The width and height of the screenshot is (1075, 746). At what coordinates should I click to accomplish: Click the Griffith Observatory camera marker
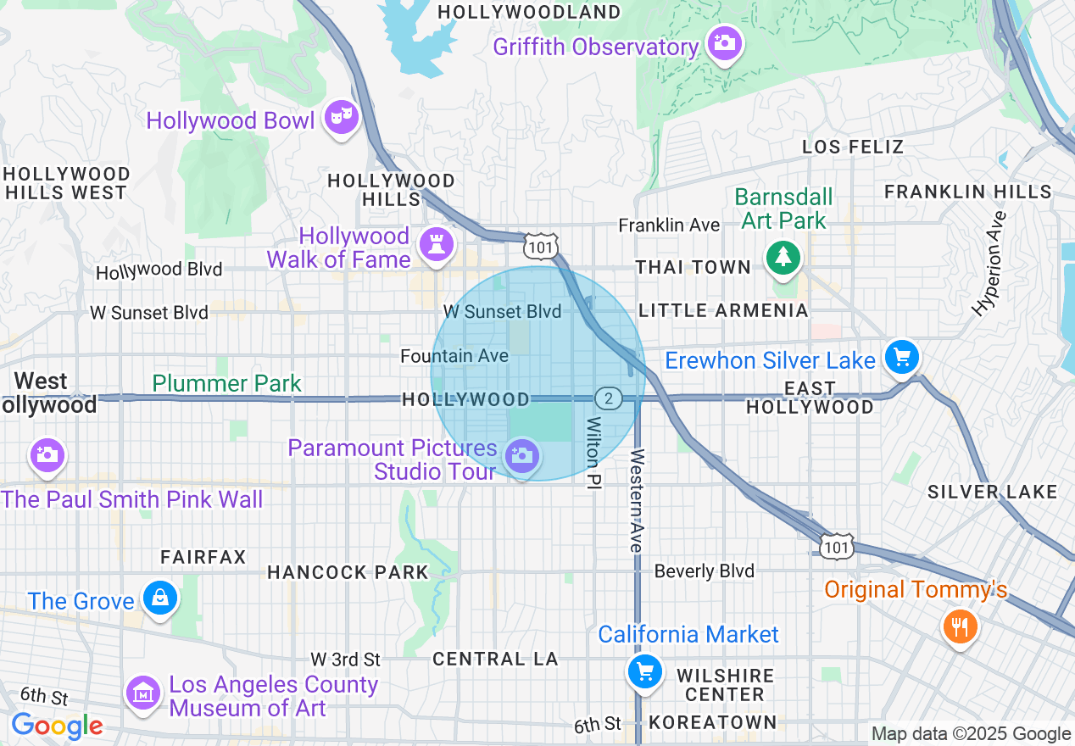coord(724,42)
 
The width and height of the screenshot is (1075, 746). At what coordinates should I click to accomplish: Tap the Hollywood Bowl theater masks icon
coord(343,116)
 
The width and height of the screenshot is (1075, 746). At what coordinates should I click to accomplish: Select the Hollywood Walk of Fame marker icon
coord(437,244)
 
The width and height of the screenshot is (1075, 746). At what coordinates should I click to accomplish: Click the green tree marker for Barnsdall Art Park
coord(783,256)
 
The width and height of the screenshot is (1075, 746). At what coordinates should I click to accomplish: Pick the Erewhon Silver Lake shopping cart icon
coord(901,356)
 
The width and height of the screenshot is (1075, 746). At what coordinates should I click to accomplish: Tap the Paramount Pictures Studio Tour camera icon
coord(521,456)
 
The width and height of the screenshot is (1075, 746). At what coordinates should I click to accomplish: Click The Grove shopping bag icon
coord(159,598)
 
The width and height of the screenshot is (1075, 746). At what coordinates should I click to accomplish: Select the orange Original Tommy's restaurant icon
coord(959,627)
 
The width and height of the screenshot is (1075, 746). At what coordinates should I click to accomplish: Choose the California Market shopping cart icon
coord(644,671)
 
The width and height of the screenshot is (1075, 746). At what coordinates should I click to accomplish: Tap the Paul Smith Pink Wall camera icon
coord(47,454)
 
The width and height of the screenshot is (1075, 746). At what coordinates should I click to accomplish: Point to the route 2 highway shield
coord(608,398)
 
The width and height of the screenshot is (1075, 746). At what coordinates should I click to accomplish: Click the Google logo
coord(57,726)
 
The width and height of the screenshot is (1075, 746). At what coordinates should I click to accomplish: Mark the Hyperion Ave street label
coord(989,264)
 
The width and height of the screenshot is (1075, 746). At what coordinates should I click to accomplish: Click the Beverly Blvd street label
coord(704,571)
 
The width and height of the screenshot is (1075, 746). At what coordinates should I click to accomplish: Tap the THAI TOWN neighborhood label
coord(693,268)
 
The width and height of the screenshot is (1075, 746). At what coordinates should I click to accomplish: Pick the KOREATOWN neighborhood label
coord(712,722)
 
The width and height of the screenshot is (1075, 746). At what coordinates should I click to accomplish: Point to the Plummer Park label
coord(226,383)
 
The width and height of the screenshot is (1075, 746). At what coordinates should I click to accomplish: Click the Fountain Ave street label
coord(454,356)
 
